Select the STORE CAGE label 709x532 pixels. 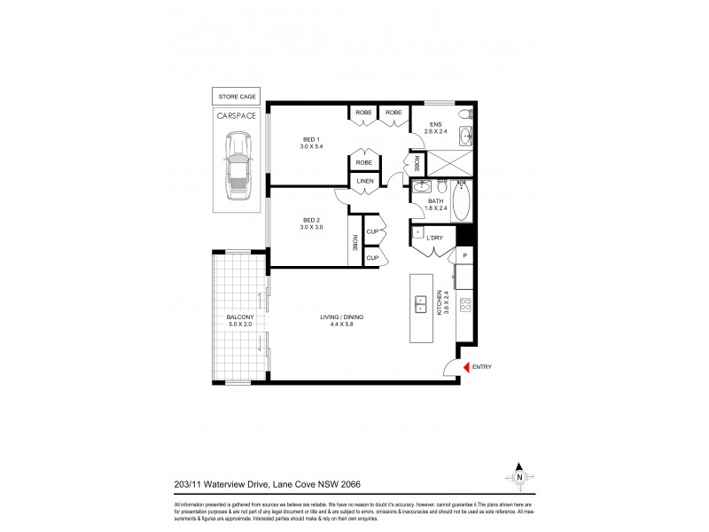(237, 97)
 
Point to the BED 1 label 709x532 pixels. (312, 140)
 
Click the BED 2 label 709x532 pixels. (312, 220)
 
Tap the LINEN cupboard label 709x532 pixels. (364, 181)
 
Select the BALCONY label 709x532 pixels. (239, 317)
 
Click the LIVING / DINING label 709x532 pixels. (342, 317)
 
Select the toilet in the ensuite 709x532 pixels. (466, 114)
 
